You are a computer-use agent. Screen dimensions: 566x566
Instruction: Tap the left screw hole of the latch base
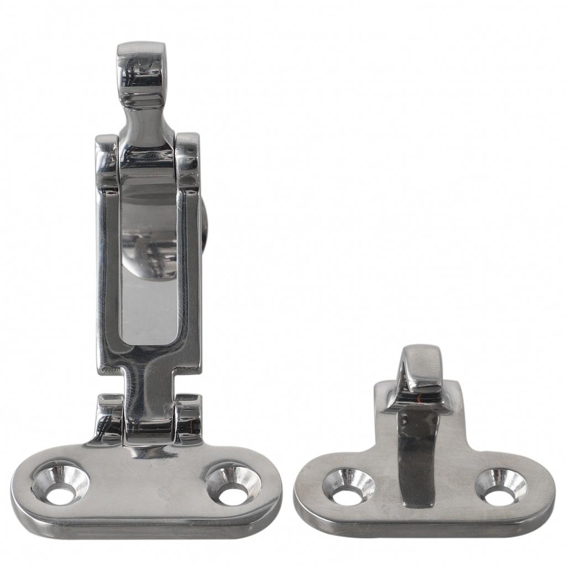click(60, 483)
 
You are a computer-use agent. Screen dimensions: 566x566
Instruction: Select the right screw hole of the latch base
click(233, 484)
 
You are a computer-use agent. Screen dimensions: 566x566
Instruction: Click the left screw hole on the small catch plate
click(348, 486)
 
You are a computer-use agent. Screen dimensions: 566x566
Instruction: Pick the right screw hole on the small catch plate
click(501, 486)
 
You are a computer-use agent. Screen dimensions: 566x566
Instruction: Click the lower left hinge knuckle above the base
click(109, 417)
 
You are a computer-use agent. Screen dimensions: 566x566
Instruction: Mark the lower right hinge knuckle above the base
click(188, 417)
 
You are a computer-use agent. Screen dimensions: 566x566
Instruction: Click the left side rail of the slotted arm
click(108, 276)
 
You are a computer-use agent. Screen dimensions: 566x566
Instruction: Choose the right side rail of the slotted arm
click(190, 276)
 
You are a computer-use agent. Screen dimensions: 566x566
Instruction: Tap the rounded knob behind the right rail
click(205, 227)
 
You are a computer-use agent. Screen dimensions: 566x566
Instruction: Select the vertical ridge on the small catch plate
click(418, 453)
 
